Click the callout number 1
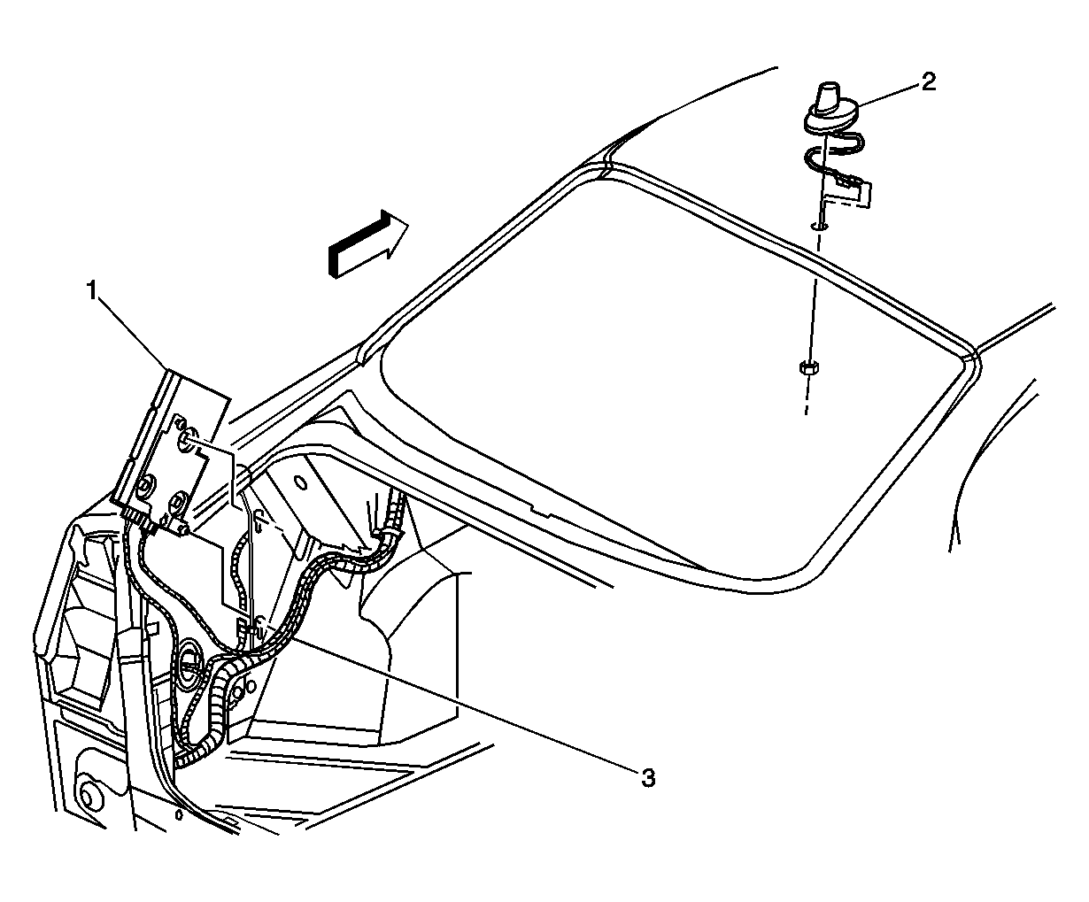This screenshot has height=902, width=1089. tap(93, 291)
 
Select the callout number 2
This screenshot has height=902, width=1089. tap(929, 81)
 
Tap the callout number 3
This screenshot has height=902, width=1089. tap(647, 778)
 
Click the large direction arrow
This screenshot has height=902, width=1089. tap(368, 243)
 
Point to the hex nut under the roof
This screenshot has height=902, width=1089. tap(808, 367)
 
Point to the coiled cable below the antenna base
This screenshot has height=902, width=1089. tap(835, 157)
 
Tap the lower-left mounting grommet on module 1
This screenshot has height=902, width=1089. tap(144, 486)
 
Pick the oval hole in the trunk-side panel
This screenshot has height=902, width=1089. tap(300, 482)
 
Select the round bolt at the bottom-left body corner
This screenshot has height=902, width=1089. tap(89, 797)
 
